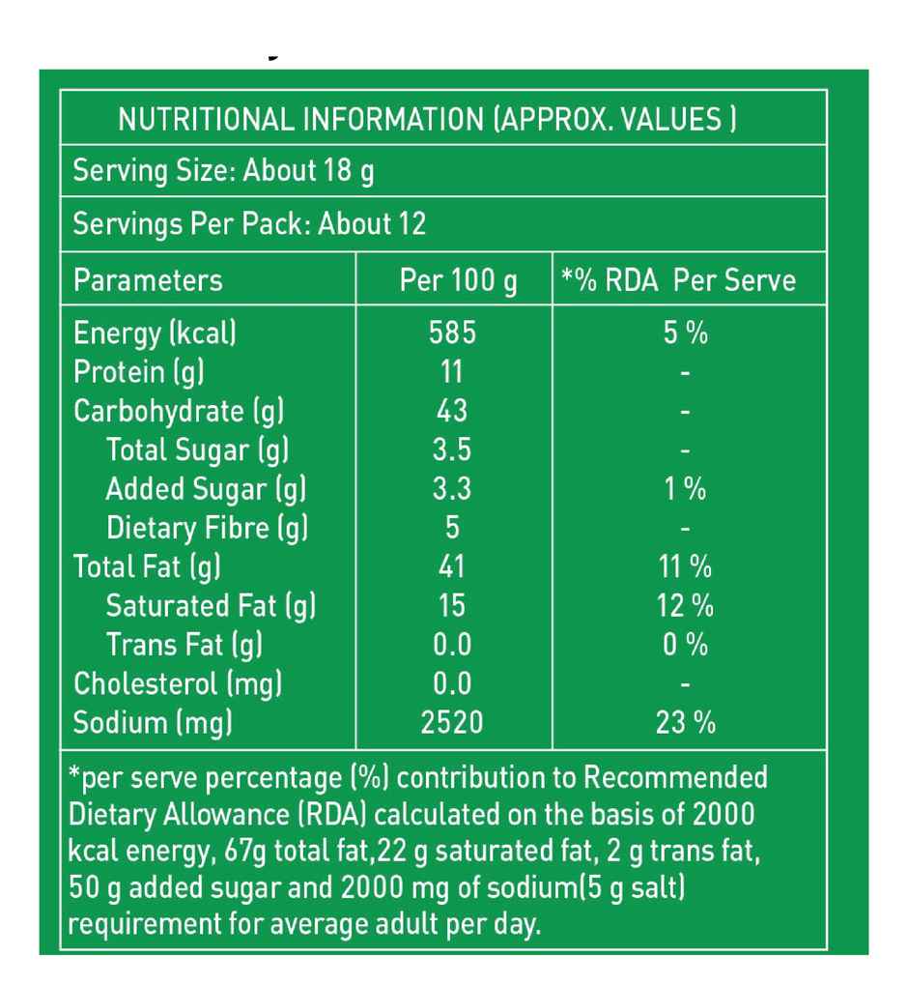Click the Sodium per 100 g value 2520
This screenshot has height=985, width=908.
tap(452, 723)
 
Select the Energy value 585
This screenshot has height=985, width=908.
tap(452, 333)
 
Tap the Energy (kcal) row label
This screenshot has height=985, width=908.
tap(155, 333)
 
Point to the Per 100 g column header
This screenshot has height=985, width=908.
tap(458, 281)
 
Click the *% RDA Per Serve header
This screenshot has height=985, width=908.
tap(679, 281)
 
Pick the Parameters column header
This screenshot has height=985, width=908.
tap(148, 281)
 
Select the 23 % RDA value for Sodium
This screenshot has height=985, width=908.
tap(685, 723)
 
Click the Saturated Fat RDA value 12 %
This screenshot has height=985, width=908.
tap(685, 606)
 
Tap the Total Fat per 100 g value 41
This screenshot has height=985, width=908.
tap(451, 566)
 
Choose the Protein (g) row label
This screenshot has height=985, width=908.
tap(139, 372)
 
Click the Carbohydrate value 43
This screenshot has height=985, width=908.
tap(451, 411)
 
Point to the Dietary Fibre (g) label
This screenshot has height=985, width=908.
tap(207, 529)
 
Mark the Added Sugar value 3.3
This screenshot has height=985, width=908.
tap(451, 489)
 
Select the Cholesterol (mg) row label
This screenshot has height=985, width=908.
tap(178, 684)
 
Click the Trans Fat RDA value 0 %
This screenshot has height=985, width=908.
tap(685, 645)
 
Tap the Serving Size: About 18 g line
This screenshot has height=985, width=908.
tap(224, 172)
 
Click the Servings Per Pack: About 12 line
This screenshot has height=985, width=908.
tap(249, 225)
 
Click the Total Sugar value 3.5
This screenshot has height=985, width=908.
tap(451, 450)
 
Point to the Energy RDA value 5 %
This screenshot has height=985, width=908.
tap(685, 333)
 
